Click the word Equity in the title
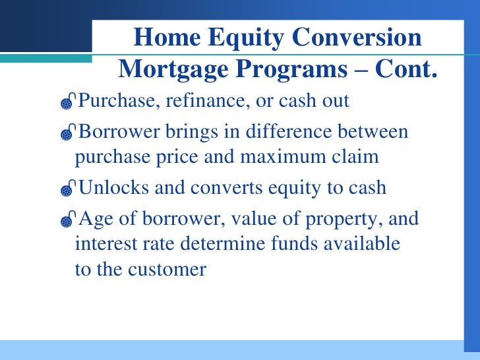pyautogui.click(x=245, y=38)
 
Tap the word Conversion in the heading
pyautogui.click(x=357, y=37)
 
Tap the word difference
pyautogui.click(x=288, y=131)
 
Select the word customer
pyautogui.click(x=167, y=270)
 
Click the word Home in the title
pyautogui.click(x=167, y=37)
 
